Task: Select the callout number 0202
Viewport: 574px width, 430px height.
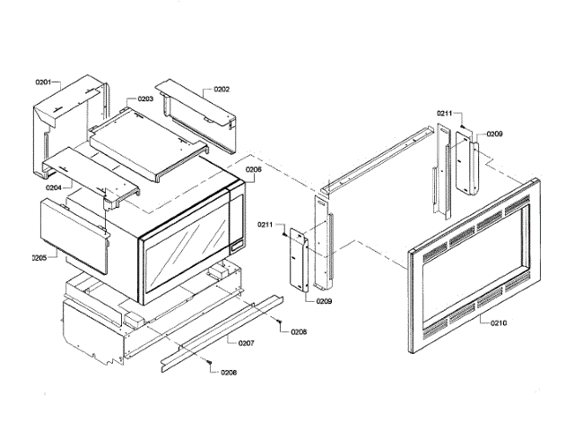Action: [221, 90]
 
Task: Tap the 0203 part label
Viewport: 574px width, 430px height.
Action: [144, 99]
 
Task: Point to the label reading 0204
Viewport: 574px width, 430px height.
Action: [55, 188]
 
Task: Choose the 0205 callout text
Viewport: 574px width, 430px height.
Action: [39, 257]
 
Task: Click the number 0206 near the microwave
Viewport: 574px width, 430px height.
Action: [253, 168]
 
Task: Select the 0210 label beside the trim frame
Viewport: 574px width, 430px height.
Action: [499, 322]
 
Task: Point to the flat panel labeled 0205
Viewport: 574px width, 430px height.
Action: [72, 235]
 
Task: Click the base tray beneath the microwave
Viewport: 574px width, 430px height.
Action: [99, 322]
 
